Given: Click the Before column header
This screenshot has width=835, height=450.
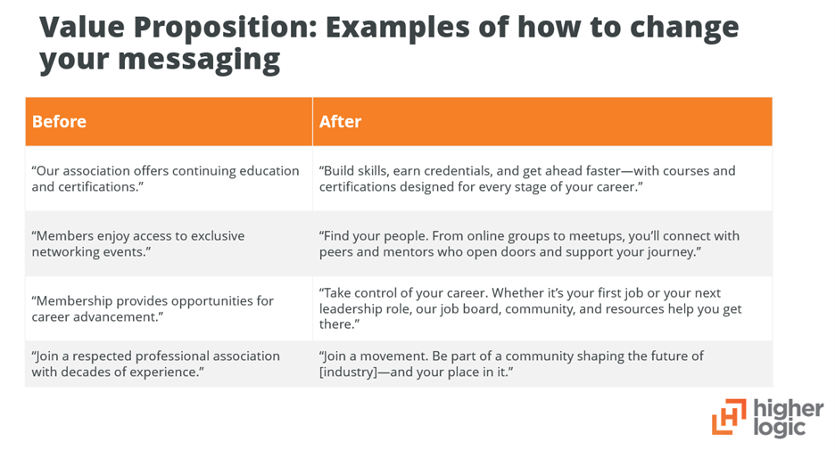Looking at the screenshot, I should [59, 121].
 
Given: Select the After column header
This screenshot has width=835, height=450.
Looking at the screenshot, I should [340, 121].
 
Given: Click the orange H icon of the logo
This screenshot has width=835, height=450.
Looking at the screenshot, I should [728, 417].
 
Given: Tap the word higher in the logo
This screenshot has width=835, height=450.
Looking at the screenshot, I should [789, 409].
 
